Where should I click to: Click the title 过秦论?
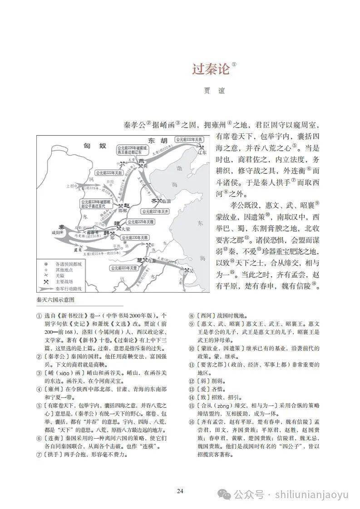tap(211, 69)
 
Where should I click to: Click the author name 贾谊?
tap(214, 91)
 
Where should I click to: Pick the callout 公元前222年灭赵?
tap(109, 173)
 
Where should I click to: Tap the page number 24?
tap(180, 491)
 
